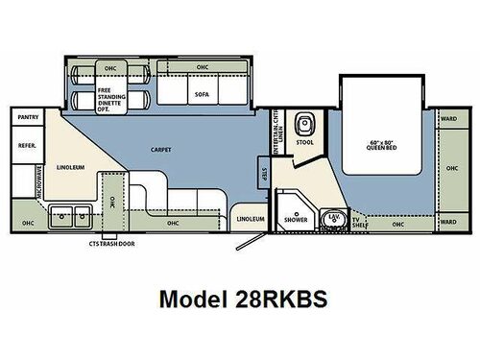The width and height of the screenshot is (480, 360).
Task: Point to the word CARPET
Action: (160, 151)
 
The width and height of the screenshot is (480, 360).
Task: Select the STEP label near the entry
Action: (263, 174)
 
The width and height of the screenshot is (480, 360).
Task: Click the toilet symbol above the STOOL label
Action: (304, 125)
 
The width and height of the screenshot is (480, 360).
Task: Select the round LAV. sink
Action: (333, 218)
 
